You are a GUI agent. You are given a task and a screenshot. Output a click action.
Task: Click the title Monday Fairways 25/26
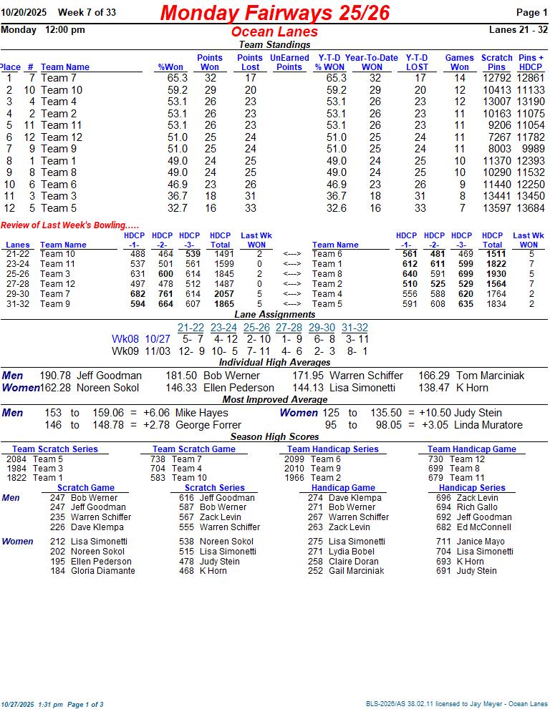click(x=275, y=13)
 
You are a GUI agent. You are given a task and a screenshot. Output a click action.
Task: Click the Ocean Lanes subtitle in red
click(x=274, y=32)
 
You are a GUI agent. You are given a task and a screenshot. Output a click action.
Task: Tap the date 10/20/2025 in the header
click(x=24, y=13)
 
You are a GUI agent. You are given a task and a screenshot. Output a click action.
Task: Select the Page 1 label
click(x=531, y=13)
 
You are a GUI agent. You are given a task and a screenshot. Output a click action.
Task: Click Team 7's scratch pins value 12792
click(x=496, y=78)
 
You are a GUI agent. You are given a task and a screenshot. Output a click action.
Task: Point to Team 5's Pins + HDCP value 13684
click(x=531, y=208)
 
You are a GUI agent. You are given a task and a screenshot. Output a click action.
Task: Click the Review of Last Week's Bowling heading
click(x=69, y=225)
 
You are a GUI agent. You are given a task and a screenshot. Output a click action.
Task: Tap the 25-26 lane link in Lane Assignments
click(x=256, y=328)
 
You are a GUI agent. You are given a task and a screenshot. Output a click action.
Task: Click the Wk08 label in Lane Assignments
click(x=125, y=339)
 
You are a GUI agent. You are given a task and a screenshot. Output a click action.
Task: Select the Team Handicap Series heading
click(x=333, y=449)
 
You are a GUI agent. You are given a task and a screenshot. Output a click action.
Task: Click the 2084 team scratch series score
click(x=18, y=459)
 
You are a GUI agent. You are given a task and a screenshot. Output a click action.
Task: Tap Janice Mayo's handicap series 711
click(x=443, y=542)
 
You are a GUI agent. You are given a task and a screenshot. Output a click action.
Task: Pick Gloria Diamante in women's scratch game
click(x=102, y=571)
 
